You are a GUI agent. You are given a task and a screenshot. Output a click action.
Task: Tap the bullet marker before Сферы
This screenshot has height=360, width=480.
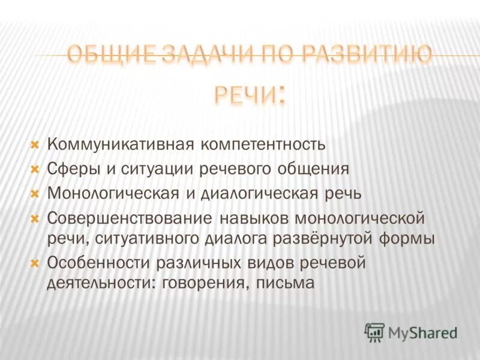pyautogui.click(x=34, y=169)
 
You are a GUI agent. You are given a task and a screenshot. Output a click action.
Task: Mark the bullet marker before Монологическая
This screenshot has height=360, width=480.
pyautogui.click(x=34, y=193)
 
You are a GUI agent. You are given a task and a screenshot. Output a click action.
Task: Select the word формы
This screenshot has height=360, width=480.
pyautogui.click(x=408, y=238)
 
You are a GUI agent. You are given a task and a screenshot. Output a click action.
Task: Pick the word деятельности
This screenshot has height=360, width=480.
pyautogui.click(x=102, y=283)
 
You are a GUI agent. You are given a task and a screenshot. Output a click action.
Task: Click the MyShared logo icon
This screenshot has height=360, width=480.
pyautogui.click(x=375, y=332)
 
